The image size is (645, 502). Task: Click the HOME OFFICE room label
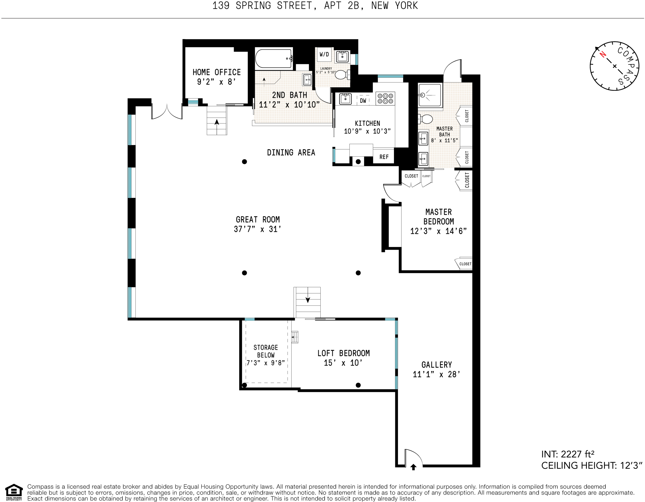point(217,72)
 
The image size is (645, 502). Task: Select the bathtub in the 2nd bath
point(274,59)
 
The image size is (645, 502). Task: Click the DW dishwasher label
point(363,101)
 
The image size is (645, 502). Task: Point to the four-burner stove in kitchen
point(385,98)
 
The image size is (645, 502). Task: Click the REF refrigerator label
point(384,157)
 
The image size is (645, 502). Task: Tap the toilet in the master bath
point(425,119)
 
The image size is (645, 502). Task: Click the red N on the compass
point(603,55)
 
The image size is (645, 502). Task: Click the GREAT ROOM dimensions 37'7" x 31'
point(257,229)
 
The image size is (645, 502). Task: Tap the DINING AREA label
point(291,153)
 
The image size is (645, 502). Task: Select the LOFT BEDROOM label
point(344,353)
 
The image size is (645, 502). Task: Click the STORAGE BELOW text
point(266,351)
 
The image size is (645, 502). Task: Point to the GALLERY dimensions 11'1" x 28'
point(437,374)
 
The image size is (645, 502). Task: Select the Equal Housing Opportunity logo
point(14,492)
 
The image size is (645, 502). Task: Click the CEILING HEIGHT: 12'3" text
point(592,466)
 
